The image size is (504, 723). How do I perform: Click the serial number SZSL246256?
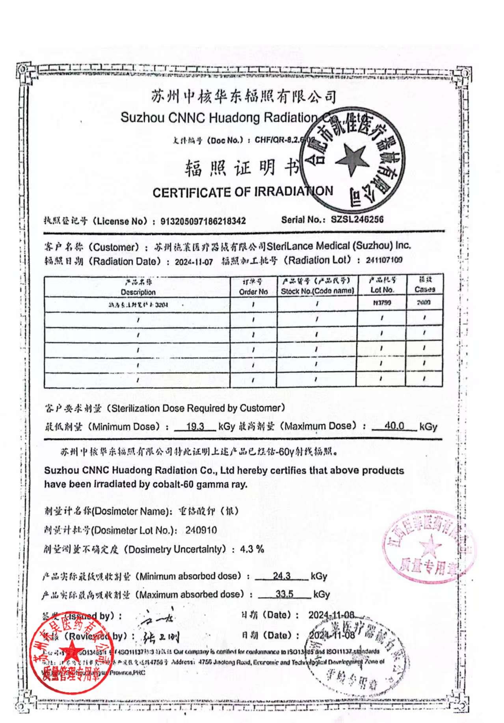click(357, 219)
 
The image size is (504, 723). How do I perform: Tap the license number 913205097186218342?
click(203, 221)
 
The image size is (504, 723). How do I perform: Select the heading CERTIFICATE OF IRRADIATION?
click(242, 192)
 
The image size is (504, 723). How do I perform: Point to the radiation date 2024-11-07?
click(194, 262)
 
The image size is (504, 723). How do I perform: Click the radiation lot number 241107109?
click(384, 260)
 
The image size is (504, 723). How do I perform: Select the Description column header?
click(138, 292)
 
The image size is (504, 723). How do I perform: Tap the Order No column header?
click(253, 292)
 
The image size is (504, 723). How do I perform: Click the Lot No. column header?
click(382, 290)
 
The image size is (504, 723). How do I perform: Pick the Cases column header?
click(425, 289)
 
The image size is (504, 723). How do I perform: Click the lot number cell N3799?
click(382, 303)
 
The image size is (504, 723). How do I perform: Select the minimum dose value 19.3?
click(195, 426)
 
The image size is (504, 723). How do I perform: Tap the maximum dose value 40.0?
click(394, 426)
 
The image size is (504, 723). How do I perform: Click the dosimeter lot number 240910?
click(201, 530)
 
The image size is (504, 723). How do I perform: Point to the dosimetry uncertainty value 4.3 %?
click(252, 549)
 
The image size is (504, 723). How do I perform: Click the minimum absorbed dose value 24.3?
click(281, 576)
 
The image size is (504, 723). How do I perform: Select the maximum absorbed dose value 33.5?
click(284, 594)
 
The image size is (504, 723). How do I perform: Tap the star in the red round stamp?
click(72, 651)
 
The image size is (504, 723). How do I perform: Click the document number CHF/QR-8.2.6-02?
click(285, 140)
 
